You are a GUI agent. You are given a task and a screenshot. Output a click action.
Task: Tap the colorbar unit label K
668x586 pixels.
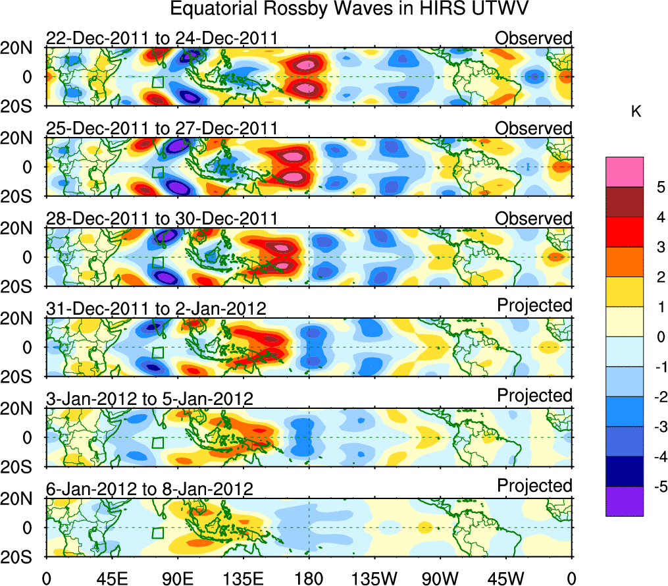(x=636, y=113)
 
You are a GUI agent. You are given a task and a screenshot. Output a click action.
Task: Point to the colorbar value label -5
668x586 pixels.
(x=657, y=487)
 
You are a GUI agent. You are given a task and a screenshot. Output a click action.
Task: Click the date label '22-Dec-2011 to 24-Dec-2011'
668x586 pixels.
(x=162, y=39)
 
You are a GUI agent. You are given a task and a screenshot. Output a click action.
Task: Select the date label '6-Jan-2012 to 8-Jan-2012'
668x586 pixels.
(x=149, y=489)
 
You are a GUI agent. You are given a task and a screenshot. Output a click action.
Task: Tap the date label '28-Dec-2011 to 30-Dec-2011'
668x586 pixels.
(x=162, y=219)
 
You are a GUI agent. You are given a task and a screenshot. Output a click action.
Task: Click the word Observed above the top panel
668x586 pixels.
(x=533, y=38)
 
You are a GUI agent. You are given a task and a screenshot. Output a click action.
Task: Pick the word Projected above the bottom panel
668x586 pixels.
(x=534, y=486)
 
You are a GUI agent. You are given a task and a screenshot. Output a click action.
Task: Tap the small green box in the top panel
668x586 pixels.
(x=157, y=82)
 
